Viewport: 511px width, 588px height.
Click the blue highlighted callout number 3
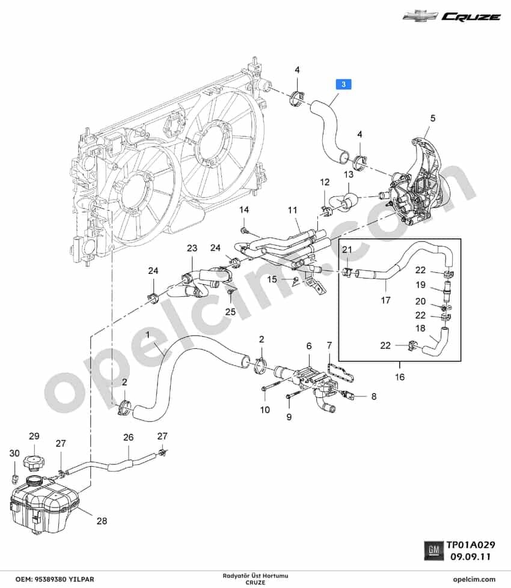coord(343,84)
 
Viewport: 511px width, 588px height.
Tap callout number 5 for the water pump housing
coord(432,118)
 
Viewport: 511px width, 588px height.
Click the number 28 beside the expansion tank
coord(102,521)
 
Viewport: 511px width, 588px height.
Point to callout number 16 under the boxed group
coord(400,377)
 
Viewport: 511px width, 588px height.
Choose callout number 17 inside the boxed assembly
coord(385,300)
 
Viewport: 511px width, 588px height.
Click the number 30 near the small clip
coord(14,453)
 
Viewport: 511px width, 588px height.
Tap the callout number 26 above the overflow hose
coord(129,437)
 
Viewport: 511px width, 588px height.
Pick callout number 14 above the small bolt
coord(244,210)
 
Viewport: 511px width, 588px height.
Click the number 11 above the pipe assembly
coord(293,210)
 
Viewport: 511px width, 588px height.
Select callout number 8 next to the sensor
coord(373,396)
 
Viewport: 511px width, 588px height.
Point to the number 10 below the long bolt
coord(265,410)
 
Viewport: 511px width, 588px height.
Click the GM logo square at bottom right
coord(433,550)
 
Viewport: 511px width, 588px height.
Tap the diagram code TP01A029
coord(471,545)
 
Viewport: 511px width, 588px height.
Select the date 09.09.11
coord(471,557)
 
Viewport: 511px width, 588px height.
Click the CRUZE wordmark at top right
coord(471,16)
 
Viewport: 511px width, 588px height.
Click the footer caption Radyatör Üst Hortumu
coord(255,575)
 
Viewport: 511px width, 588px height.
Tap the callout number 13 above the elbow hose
coord(349,174)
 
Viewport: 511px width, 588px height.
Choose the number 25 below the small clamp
coord(230,312)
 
